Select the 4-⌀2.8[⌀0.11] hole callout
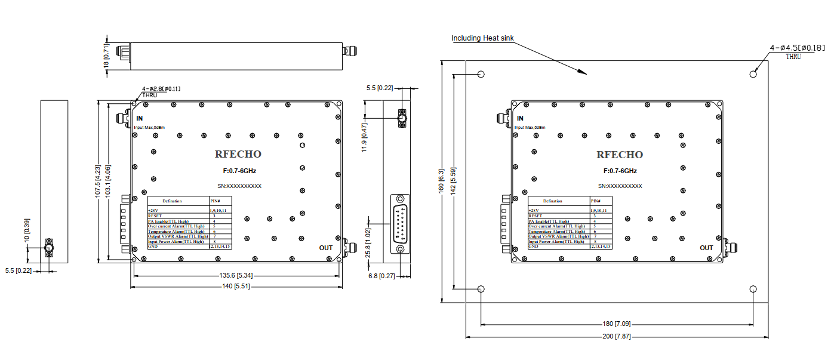[x=161, y=88]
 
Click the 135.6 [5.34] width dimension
[x=237, y=276]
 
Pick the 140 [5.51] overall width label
[x=237, y=287]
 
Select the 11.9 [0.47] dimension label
[x=365, y=137]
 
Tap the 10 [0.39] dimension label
[x=27, y=230]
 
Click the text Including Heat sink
[x=482, y=38]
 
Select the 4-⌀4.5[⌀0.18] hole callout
[x=798, y=48]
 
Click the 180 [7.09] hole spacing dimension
[x=616, y=324]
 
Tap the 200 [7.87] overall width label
[x=616, y=337]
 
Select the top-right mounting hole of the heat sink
[x=753, y=74]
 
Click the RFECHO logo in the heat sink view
[x=620, y=155]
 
